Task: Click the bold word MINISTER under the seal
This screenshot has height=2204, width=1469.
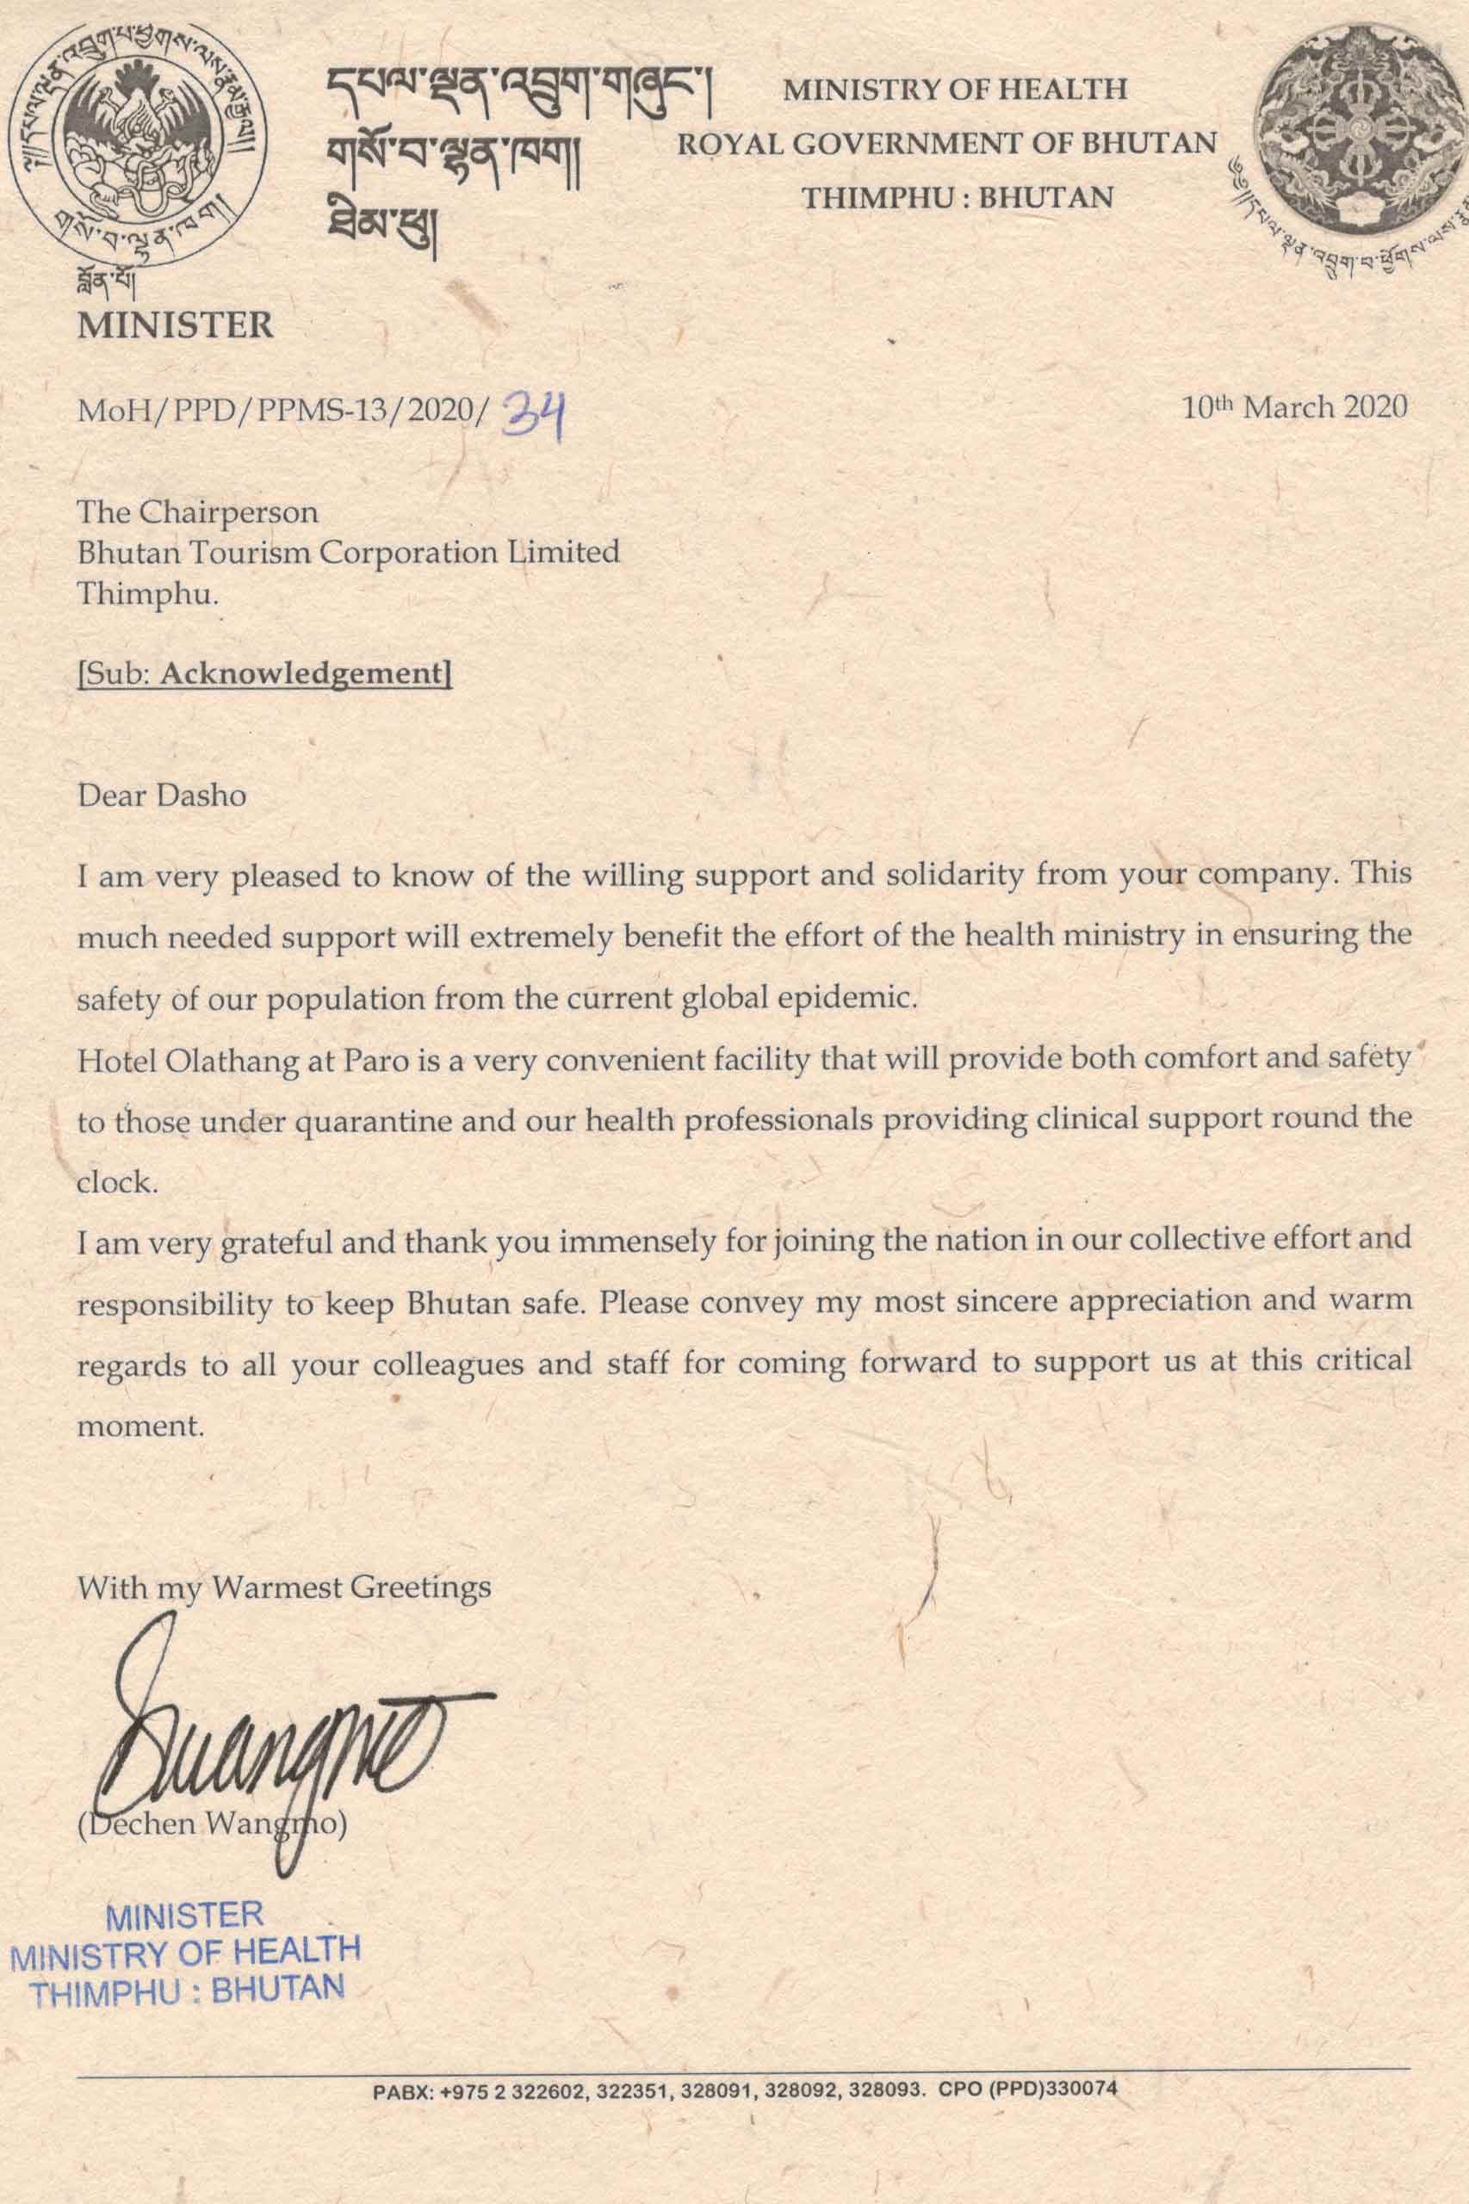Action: click(x=177, y=325)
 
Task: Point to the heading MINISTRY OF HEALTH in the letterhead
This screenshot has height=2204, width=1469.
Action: click(x=955, y=89)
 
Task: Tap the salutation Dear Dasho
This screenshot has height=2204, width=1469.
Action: click(x=162, y=796)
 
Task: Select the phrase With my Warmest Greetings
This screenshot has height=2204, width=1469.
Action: click(x=284, y=1587)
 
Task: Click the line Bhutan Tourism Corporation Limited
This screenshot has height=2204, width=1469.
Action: click(x=349, y=552)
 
